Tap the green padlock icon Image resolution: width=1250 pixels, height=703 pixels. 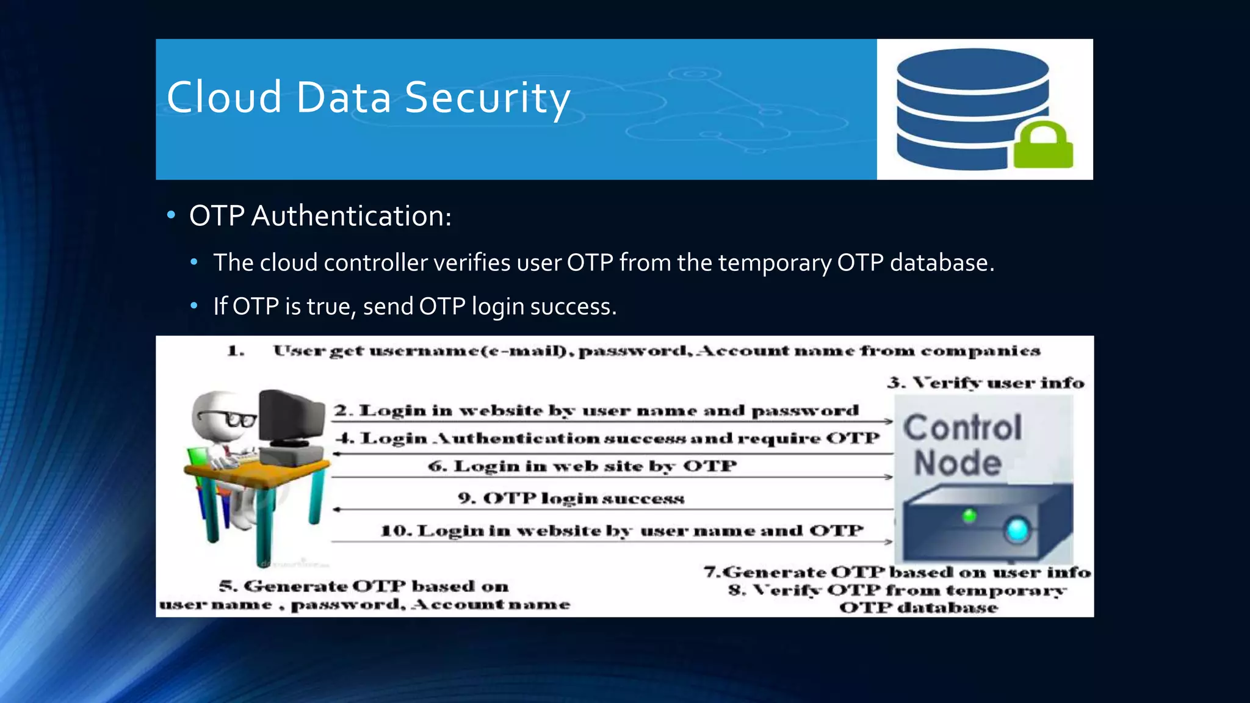point(1043,146)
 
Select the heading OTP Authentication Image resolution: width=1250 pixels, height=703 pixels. point(320,216)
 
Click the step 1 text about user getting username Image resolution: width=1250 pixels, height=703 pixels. point(656,351)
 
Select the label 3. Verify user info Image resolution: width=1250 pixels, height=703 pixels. point(986,383)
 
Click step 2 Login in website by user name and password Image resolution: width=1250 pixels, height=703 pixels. point(596,411)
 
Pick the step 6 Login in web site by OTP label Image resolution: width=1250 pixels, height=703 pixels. point(582,466)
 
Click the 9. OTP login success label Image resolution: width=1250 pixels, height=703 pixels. point(571,499)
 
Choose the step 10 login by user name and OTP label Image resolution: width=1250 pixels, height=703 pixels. point(622,531)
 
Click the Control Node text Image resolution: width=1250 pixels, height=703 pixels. point(961,444)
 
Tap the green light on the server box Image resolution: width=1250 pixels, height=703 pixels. point(969,516)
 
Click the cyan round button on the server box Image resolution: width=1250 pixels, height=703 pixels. point(1017,530)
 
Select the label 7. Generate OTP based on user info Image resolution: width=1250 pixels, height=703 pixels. point(897,572)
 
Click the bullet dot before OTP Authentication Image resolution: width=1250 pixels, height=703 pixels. point(172,215)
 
